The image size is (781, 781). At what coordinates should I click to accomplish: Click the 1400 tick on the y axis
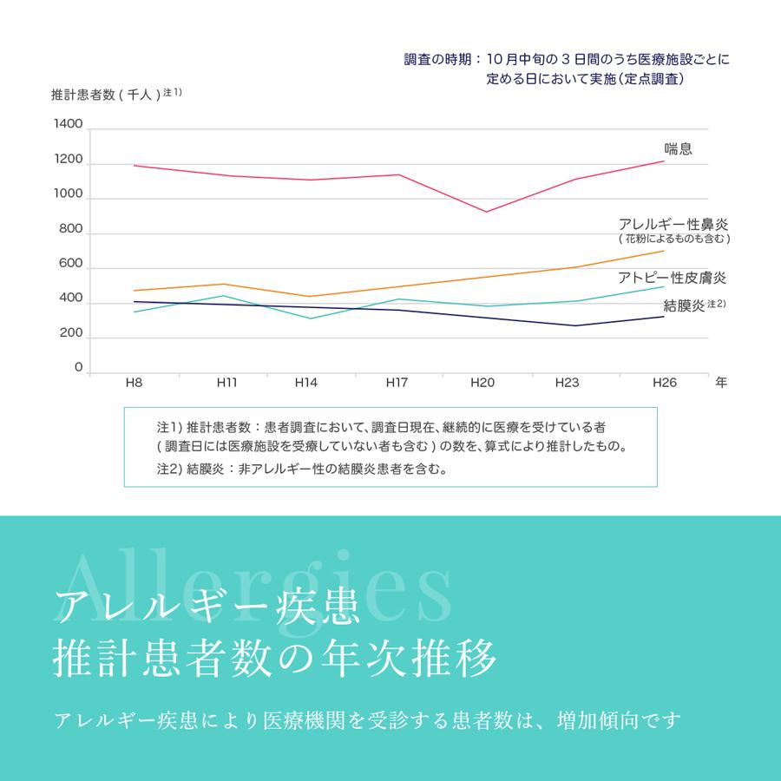point(68,124)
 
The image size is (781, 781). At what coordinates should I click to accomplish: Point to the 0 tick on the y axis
point(78,368)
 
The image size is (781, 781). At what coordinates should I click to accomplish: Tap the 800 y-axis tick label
point(71,231)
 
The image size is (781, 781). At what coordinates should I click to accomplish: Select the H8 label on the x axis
point(134,383)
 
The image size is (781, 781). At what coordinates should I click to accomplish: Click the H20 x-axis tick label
point(482,383)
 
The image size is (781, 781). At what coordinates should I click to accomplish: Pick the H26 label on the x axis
point(664,383)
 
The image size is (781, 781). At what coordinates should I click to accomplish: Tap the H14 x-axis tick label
point(305,383)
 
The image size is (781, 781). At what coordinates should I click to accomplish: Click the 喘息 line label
point(678,148)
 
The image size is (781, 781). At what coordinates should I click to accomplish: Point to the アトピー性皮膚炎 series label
point(672,278)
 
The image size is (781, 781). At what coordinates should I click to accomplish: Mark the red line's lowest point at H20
point(486,212)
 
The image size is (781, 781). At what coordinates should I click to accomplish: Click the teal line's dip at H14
point(311,318)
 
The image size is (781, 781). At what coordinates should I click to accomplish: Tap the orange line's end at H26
point(664,251)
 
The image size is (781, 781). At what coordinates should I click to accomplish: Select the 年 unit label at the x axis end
point(721,383)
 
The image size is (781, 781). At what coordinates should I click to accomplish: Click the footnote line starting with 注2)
point(301,469)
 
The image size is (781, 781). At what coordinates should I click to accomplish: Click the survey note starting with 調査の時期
point(568,60)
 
